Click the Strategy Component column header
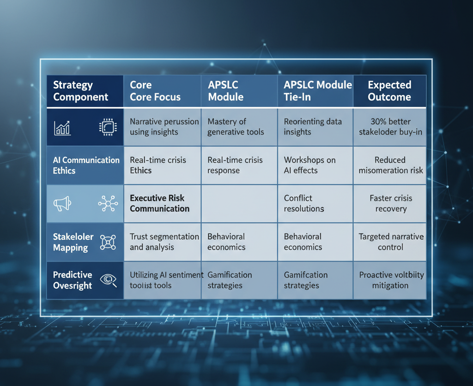(81, 91)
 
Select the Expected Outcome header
(389, 91)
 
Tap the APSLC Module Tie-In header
(318, 91)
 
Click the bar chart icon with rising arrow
(62, 127)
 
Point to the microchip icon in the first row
(108, 127)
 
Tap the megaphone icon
(62, 203)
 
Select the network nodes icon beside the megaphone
(108, 203)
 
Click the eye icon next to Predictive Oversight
(109, 279)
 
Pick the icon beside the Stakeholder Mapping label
(108, 242)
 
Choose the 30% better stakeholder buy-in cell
(391, 127)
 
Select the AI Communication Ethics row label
(86, 165)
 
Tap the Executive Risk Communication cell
(159, 203)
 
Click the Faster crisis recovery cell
(391, 203)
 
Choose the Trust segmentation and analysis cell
(164, 242)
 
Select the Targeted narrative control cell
(391, 242)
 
